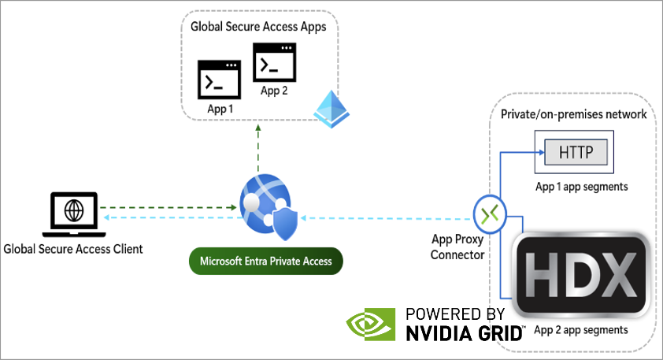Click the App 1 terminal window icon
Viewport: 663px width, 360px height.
220,81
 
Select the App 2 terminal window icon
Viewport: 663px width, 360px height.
274,62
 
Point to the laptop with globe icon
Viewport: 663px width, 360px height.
73,213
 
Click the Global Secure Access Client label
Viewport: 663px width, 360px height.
73,249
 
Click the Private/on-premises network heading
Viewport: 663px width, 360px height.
574,114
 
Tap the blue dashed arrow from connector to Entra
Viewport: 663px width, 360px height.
386,218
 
